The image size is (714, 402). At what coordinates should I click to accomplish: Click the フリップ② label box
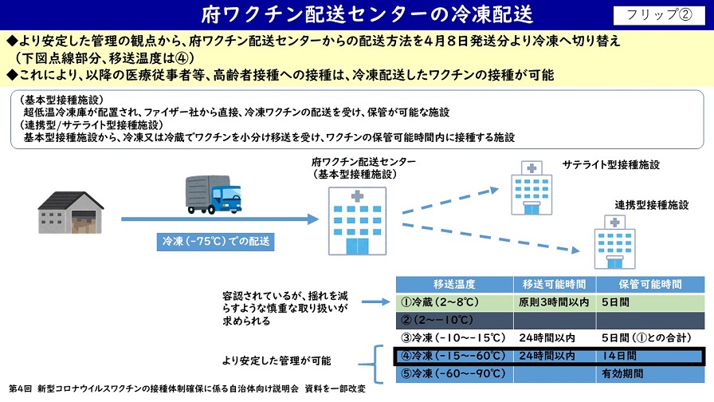coord(659,14)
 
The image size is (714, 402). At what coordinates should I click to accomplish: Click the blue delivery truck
coord(214,195)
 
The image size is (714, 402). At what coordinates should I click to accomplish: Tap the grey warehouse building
coord(71,213)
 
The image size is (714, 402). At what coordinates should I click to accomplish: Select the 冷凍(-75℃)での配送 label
coord(215,241)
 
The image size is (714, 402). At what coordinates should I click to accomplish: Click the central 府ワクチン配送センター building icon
coord(358,221)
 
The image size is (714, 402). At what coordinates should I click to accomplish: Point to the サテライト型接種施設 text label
coord(610,165)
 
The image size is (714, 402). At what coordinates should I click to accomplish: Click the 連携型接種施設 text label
coord(652,205)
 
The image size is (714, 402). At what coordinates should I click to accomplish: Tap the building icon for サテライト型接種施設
coord(532,187)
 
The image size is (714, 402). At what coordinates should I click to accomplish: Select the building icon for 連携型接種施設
coord(614,242)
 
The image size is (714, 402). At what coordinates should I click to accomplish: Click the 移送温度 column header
coord(454,285)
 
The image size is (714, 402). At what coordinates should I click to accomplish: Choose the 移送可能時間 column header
coord(555,285)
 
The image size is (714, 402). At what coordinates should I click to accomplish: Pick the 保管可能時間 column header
coord(650,285)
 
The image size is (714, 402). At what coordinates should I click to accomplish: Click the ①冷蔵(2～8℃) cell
coord(454,302)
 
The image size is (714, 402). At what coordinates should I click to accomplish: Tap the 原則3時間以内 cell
coord(555,302)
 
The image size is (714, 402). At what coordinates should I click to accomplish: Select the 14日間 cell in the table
coord(649,356)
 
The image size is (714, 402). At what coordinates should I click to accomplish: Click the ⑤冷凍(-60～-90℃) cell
coord(454,374)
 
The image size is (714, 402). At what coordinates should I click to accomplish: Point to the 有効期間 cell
coord(650,374)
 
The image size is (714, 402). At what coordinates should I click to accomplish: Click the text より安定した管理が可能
coord(277,361)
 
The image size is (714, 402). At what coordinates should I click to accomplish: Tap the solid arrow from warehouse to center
coord(220,219)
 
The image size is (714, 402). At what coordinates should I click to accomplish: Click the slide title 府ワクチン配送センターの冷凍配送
coord(367,14)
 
